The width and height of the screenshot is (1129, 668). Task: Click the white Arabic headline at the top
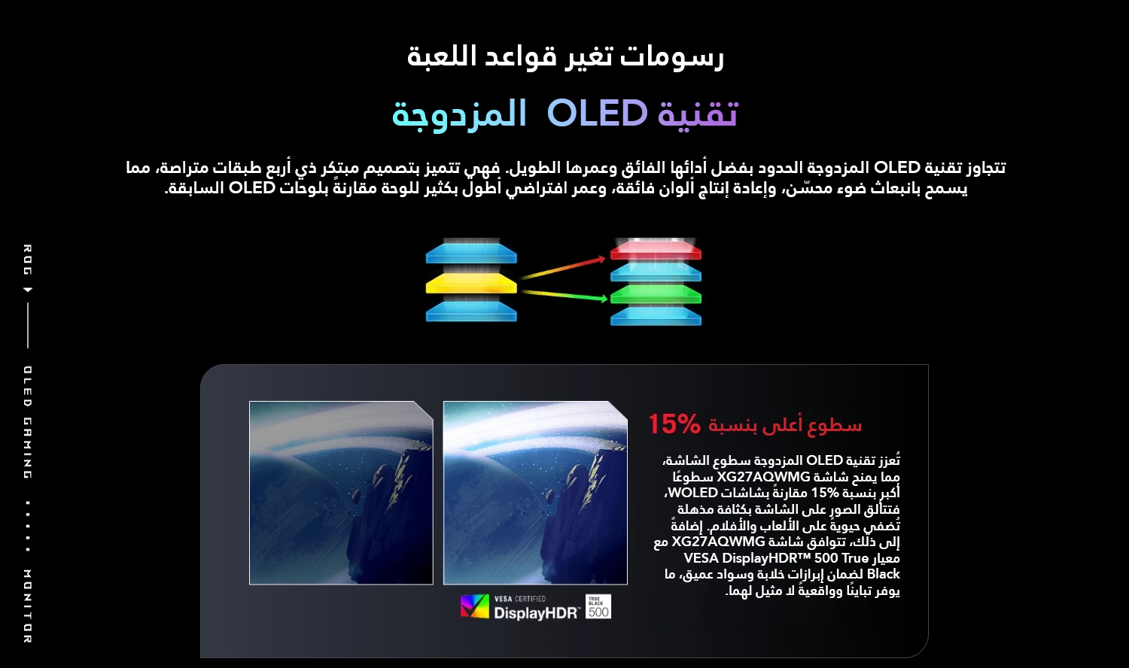click(x=565, y=56)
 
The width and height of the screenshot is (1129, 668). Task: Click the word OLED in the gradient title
click(x=598, y=113)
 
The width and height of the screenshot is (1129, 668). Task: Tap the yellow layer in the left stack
click(x=471, y=284)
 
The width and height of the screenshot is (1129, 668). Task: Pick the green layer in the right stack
click(x=656, y=294)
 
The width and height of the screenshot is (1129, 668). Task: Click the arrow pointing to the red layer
click(x=563, y=268)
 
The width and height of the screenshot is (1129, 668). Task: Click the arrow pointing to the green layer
click(x=564, y=296)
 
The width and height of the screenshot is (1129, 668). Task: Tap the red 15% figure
click(x=674, y=424)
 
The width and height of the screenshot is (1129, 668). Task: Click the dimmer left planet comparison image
click(x=341, y=493)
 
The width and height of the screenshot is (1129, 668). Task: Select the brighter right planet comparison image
click(x=535, y=493)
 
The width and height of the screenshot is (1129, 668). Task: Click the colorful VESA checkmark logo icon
click(x=474, y=606)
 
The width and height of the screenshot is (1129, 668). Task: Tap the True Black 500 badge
click(x=598, y=606)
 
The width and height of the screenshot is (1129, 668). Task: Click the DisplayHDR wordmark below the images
click(x=536, y=613)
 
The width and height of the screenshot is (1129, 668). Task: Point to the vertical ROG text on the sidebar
click(x=28, y=260)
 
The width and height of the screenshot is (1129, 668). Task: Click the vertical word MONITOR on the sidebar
click(x=28, y=606)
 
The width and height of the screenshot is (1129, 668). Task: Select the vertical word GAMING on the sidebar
click(x=28, y=448)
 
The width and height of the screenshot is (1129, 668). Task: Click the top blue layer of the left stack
click(x=471, y=254)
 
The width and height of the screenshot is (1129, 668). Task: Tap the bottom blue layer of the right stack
click(x=656, y=317)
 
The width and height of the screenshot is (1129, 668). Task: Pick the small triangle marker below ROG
click(x=29, y=290)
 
